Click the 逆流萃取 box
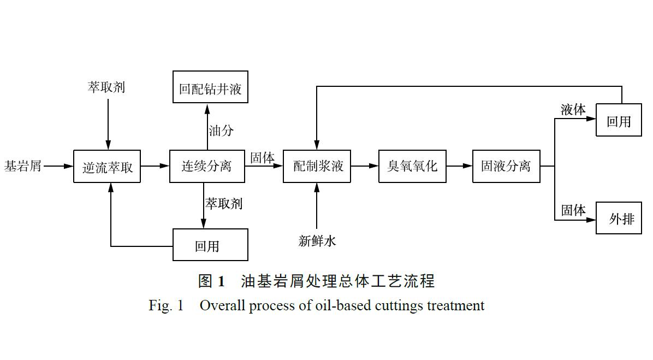pos(107,167)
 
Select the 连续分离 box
pos(207,166)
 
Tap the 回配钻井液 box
pos(210,87)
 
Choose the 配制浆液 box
pos(317,166)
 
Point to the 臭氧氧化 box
pos(412,166)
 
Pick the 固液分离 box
pos(506,166)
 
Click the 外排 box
pos(619,218)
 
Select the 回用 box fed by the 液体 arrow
pos(619,120)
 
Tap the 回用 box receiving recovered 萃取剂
pos(210,245)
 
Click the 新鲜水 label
pos(317,240)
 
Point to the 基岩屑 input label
pos(23,166)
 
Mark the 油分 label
pos(221,131)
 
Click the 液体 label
pos(573,110)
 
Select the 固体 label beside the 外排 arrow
pos(573,210)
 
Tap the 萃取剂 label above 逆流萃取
pos(107,87)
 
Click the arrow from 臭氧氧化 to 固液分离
pos(459,166)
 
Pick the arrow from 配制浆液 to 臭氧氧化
pos(365,166)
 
